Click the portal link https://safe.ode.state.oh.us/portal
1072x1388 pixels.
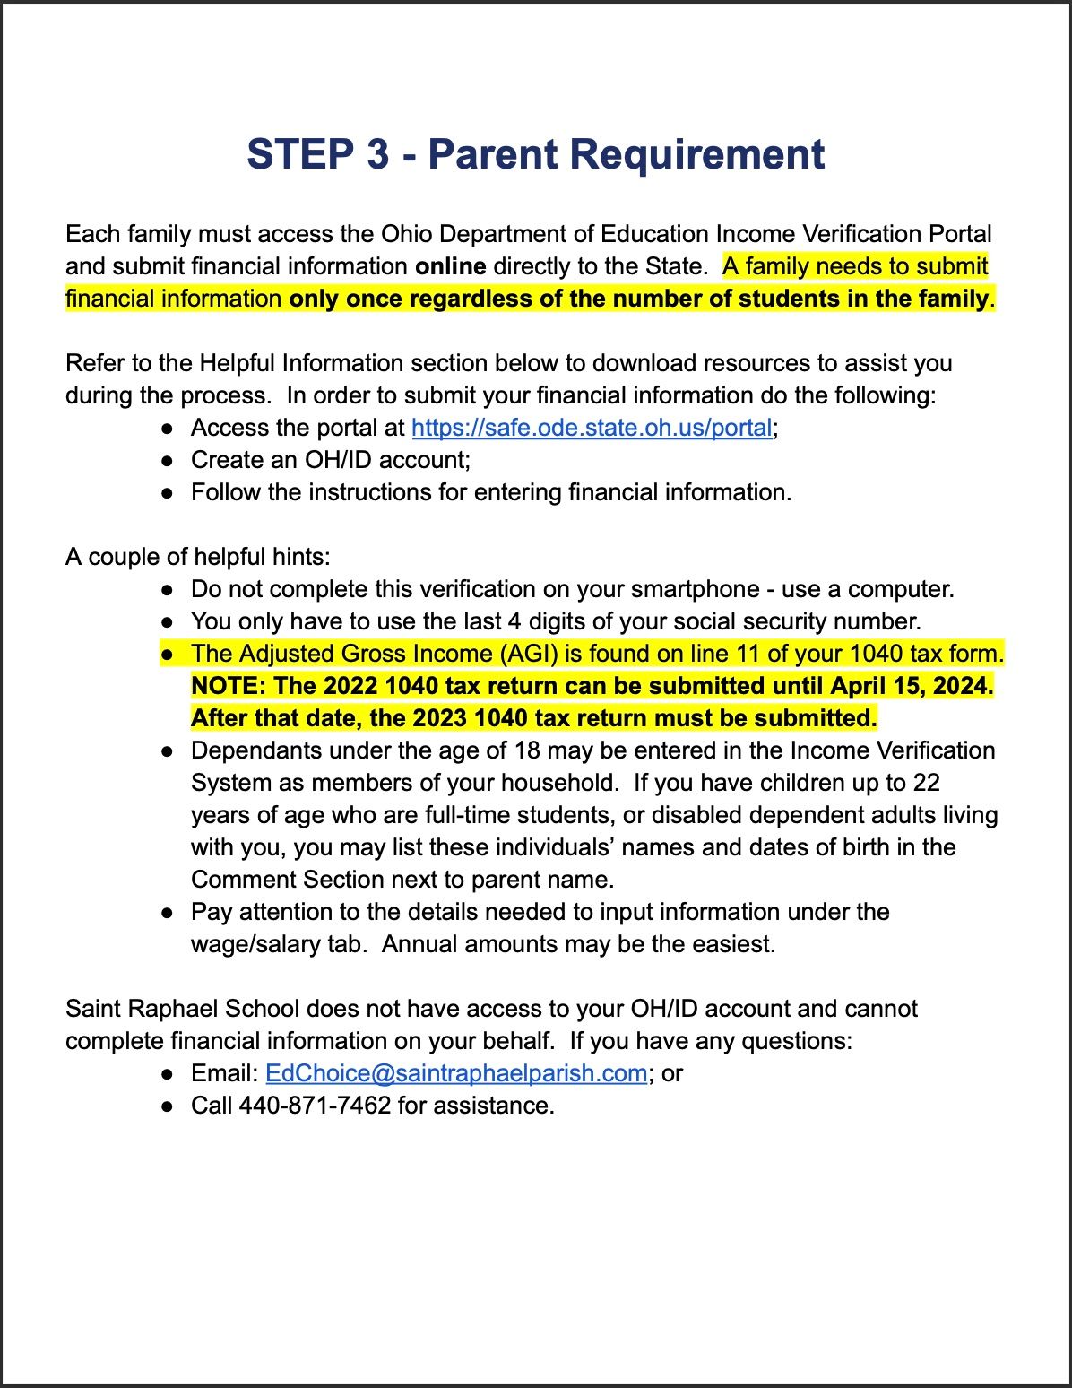pyautogui.click(x=592, y=429)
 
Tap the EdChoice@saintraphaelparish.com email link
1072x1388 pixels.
pyautogui.click(x=456, y=1074)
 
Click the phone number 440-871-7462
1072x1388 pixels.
pyautogui.click(x=315, y=1106)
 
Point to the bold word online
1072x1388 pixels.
pyautogui.click(x=451, y=267)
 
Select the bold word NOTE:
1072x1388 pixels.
pyautogui.click(x=229, y=687)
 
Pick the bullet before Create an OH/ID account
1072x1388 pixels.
pyautogui.click(x=168, y=461)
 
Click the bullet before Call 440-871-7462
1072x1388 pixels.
pyautogui.click(x=168, y=1106)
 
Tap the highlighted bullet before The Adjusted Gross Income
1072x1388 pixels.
pyautogui.click(x=168, y=655)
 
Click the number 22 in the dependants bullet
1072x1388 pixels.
pyautogui.click(x=926, y=784)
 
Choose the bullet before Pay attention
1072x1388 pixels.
pyautogui.click(x=168, y=913)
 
